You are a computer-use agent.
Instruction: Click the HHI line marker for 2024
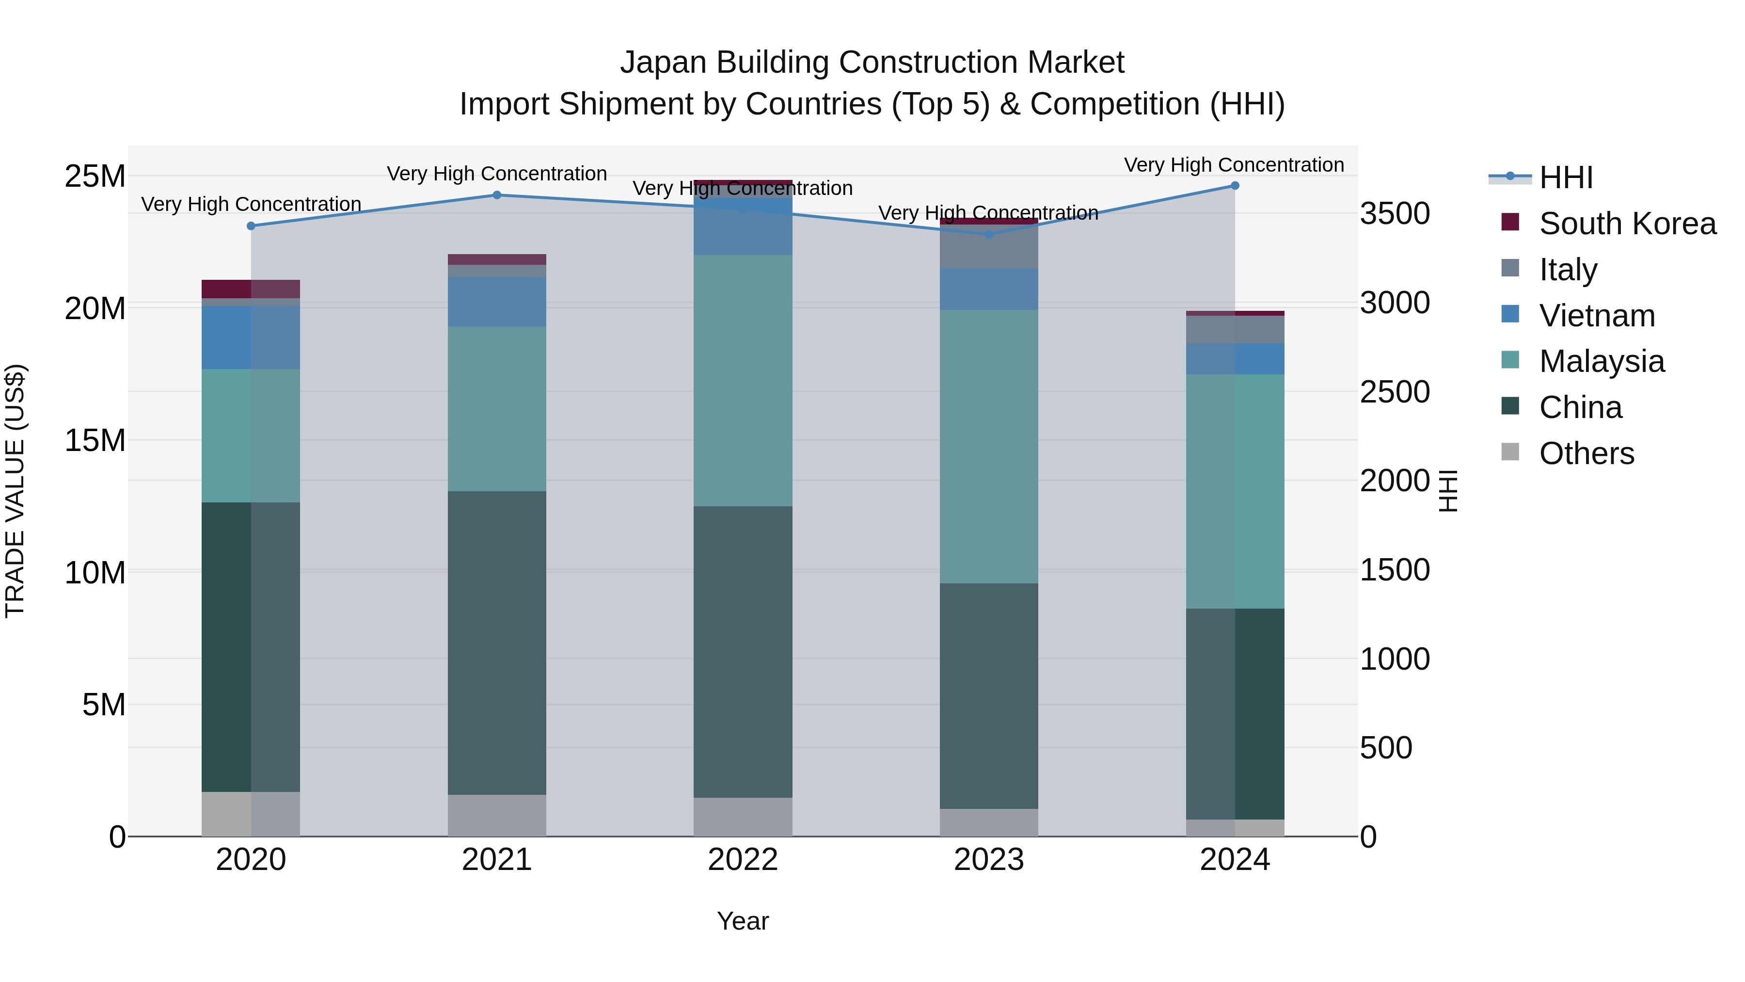pos(1234,186)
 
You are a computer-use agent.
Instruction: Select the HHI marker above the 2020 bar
pos(251,225)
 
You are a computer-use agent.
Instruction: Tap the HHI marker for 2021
pos(496,195)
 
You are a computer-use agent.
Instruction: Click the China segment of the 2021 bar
pos(496,643)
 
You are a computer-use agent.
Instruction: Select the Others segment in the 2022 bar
pos(743,817)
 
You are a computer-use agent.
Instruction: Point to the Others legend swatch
pos(1510,452)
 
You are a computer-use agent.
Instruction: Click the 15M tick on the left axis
pos(95,440)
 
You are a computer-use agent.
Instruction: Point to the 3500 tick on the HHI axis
pos(1395,213)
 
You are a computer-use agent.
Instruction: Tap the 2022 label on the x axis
pos(743,860)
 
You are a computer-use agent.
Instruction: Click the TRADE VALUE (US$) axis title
pos(15,491)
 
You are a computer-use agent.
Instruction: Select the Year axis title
pos(743,921)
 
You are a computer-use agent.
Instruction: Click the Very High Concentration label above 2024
pos(1234,165)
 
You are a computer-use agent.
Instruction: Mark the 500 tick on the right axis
pos(1386,748)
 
